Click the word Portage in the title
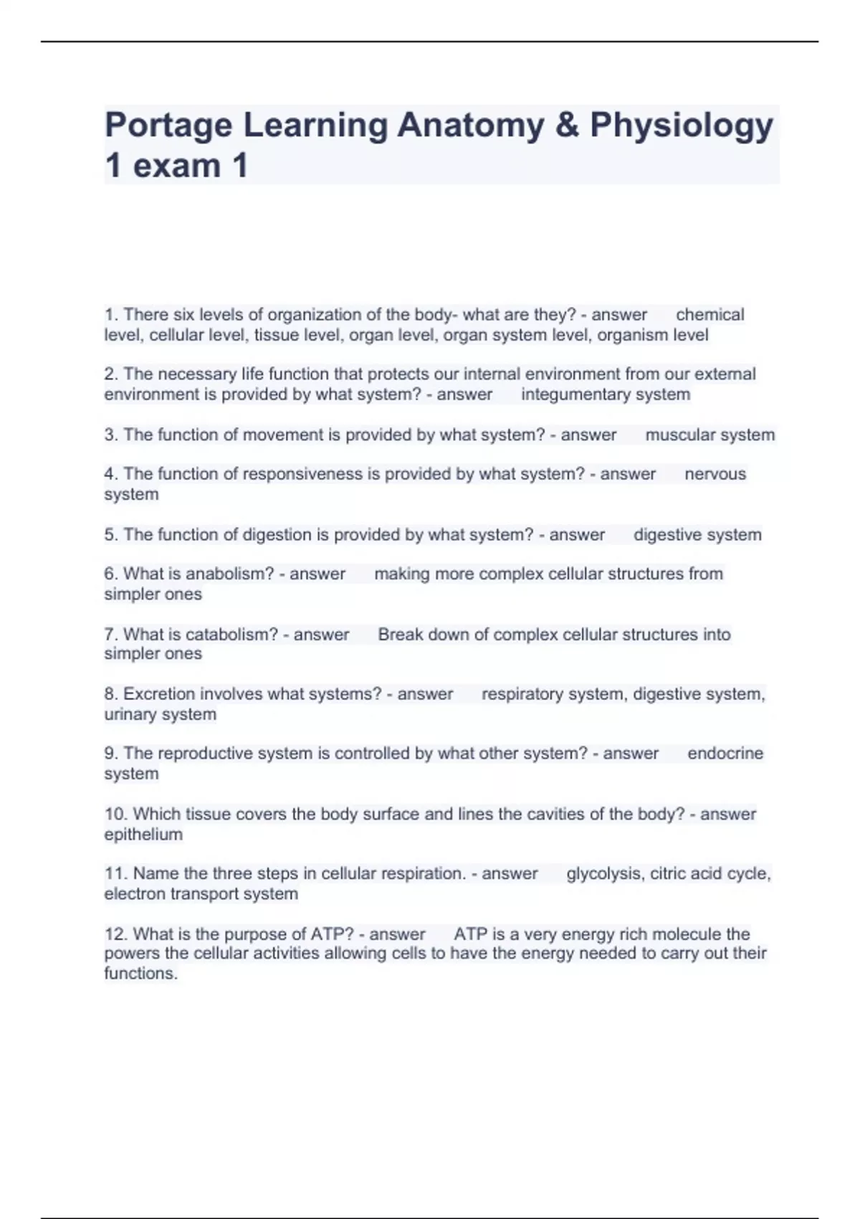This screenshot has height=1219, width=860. click(x=168, y=126)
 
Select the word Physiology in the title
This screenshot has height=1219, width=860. click(x=682, y=126)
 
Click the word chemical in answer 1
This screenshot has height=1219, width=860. click(x=709, y=315)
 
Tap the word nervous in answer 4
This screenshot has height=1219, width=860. click(x=715, y=474)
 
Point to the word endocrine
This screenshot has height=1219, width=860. click(x=725, y=754)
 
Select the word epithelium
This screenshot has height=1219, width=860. click(x=143, y=835)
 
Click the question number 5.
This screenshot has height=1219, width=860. click(x=111, y=535)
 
